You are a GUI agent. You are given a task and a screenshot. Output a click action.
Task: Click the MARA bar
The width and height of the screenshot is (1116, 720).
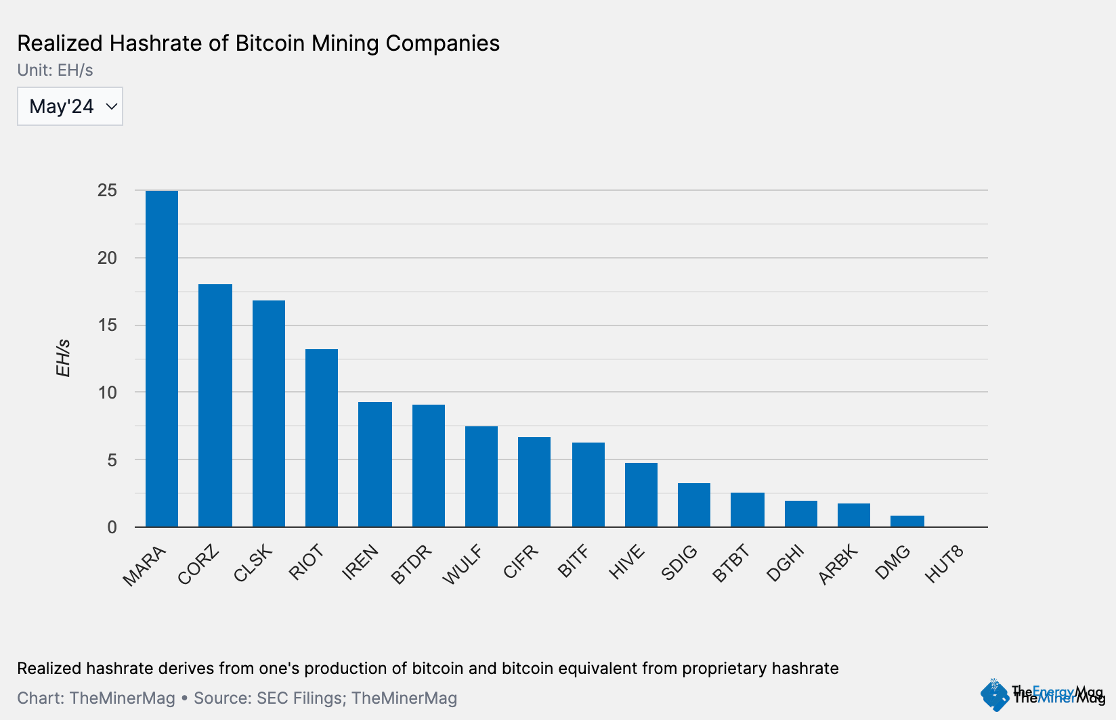[162, 359]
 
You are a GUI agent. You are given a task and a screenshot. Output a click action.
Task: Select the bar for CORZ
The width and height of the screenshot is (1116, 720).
[215, 405]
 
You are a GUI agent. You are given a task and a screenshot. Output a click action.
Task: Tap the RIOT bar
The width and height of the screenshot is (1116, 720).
[322, 438]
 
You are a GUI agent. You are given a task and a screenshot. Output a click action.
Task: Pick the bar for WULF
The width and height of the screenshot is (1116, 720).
[481, 476]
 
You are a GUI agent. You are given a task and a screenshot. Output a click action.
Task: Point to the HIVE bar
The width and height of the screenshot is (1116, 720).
[641, 495]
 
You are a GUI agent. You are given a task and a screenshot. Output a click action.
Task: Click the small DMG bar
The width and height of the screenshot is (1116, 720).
[907, 521]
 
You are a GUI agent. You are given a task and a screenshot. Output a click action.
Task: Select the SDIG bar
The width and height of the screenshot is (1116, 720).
[694, 505]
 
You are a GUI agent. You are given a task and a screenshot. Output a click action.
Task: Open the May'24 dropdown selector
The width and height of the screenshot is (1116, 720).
[70, 106]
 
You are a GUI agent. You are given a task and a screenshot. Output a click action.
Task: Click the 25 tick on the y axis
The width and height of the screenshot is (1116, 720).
[107, 190]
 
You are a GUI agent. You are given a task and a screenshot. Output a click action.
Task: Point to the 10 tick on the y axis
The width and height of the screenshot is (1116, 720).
[107, 392]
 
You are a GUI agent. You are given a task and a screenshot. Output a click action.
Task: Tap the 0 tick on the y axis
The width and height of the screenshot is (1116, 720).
[112, 527]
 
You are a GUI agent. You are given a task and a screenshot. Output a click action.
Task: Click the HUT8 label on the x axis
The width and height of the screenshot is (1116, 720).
[944, 564]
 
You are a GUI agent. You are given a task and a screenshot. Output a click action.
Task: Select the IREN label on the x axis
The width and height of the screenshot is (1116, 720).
[360, 563]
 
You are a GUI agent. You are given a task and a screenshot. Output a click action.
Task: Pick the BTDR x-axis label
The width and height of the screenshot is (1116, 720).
[412, 564]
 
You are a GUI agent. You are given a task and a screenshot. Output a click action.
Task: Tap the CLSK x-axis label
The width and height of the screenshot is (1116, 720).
[253, 563]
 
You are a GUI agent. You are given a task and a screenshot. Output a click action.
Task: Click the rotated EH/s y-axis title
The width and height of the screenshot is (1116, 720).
[63, 359]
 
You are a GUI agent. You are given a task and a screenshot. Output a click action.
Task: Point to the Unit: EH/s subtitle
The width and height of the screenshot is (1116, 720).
[55, 70]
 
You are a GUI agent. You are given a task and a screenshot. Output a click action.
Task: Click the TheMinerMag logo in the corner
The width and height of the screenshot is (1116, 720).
[1043, 694]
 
